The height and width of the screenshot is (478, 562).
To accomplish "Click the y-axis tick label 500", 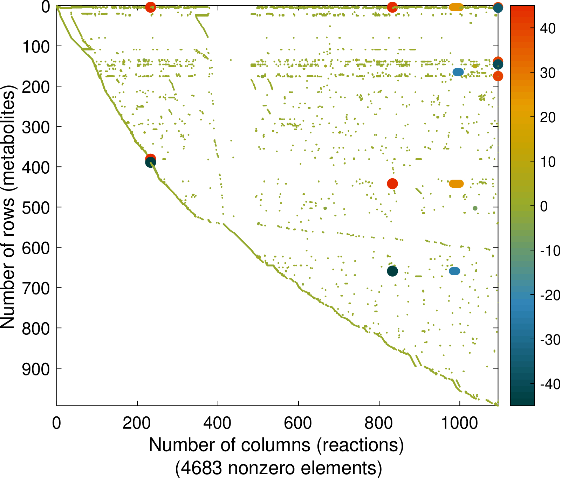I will [36, 207].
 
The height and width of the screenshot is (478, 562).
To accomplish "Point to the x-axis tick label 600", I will [298, 423].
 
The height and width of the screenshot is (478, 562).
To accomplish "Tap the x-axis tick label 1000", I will [459, 423].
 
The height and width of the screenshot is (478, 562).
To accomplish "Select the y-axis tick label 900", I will [36, 369].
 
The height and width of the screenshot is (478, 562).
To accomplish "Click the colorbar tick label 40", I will [548, 28].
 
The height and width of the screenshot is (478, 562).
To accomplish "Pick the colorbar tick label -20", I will [550, 295].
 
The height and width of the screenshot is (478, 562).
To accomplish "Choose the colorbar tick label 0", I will [544, 206].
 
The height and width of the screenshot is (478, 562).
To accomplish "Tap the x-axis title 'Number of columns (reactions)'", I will [276, 445].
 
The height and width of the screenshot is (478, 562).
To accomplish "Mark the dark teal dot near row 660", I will [392, 271].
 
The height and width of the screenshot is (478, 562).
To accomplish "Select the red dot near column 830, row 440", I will [392, 183].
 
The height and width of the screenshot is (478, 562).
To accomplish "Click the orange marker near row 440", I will [456, 183].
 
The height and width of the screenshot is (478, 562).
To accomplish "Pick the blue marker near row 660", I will [454, 271].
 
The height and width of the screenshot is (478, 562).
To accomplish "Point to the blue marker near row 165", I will [458, 72].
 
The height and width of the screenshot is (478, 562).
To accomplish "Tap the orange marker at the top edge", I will [456, 7].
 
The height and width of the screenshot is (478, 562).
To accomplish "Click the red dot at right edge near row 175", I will [498, 76].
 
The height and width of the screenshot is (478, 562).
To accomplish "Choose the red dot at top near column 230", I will [150, 7].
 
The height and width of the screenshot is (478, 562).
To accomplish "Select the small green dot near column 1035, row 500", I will [475, 208].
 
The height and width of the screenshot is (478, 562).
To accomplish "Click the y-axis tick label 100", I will [36, 46].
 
